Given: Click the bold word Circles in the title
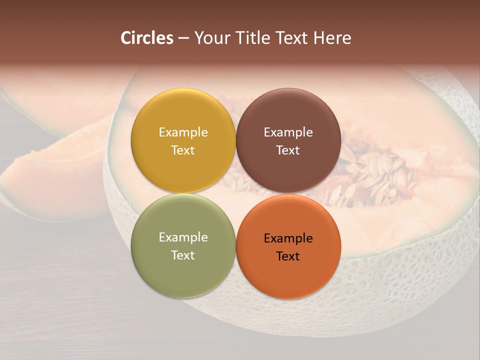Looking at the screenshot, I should pos(146,38).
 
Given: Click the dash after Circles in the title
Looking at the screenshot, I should pos(183,38).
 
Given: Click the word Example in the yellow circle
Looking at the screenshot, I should pos(183,132).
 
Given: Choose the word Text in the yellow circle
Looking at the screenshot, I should pos(183,150).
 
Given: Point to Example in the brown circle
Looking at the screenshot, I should pos(288,132).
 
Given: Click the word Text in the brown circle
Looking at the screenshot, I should pos(288,150).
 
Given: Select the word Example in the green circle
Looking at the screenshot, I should pos(183,237).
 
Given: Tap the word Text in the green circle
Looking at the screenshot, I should pos(183,255).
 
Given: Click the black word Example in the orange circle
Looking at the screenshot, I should pos(288,238).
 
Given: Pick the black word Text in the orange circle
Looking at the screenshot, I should pos(288,256).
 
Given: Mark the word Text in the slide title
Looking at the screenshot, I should pos(293,38).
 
